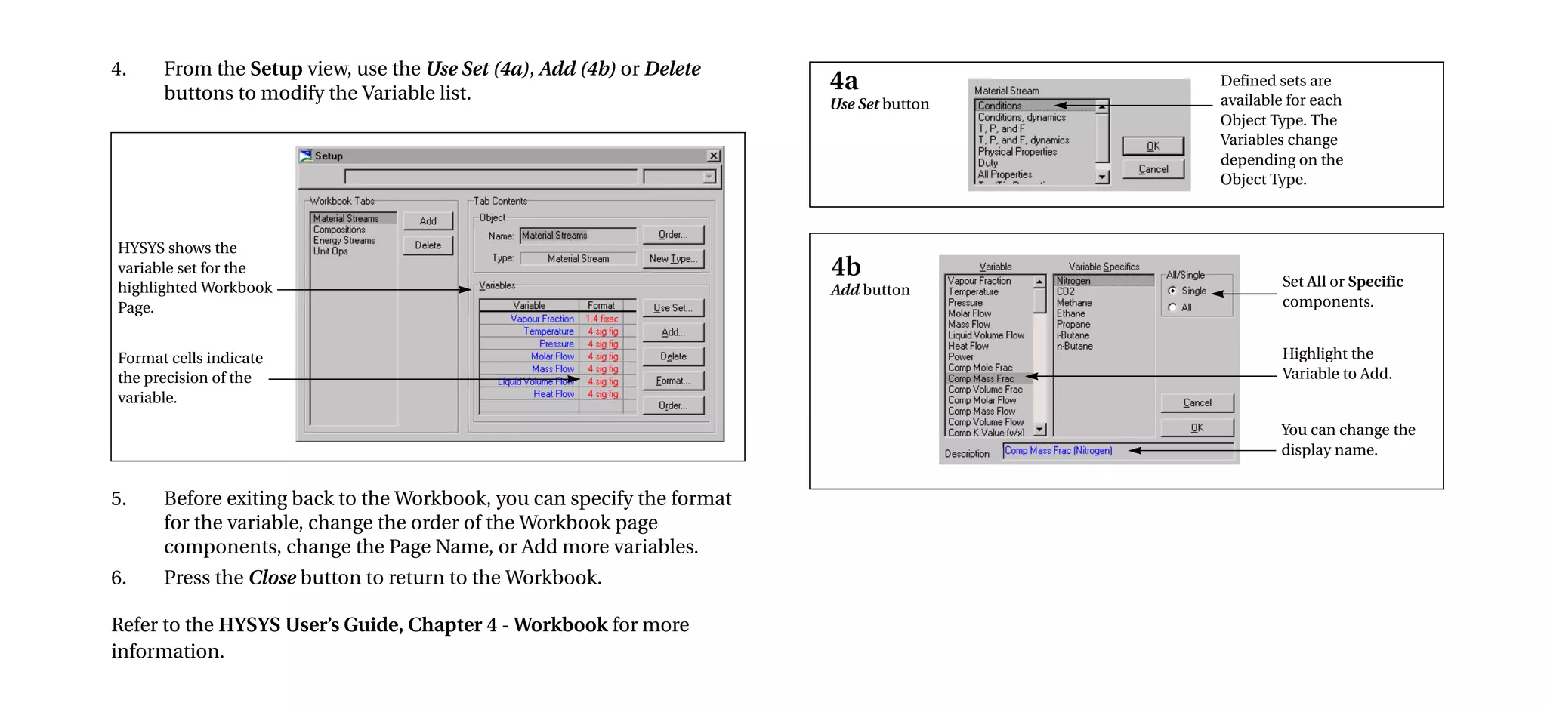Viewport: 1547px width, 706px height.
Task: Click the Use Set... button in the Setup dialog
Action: pyautogui.click(x=672, y=308)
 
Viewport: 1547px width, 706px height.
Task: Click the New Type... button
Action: pyautogui.click(x=673, y=259)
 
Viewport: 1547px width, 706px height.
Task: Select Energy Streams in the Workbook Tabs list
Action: pyautogui.click(x=344, y=241)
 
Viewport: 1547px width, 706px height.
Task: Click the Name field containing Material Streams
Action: pyautogui.click(x=578, y=236)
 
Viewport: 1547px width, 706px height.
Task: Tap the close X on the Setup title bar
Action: pyautogui.click(x=713, y=156)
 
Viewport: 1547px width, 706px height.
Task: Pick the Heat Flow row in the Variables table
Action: pyautogui.click(x=553, y=394)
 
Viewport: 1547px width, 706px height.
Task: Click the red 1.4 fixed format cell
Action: pyautogui.click(x=601, y=319)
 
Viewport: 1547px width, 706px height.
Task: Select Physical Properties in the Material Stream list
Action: pyautogui.click(x=1017, y=152)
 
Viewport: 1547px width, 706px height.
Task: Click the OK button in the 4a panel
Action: pyautogui.click(x=1153, y=146)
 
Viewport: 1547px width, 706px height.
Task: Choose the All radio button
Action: pyautogui.click(x=1172, y=307)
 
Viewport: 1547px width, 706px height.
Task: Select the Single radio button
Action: pyautogui.click(x=1172, y=291)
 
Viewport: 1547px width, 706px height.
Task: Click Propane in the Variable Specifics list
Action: pyautogui.click(x=1073, y=325)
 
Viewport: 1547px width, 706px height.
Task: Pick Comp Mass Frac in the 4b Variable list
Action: pyautogui.click(x=981, y=379)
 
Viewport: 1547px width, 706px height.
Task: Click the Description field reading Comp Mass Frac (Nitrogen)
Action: pyautogui.click(x=1118, y=451)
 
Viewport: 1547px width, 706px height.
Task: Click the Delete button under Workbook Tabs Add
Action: pyautogui.click(x=428, y=245)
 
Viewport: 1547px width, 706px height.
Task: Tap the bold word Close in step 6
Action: pyautogui.click(x=272, y=578)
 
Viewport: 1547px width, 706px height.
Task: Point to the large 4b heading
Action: pyautogui.click(x=845, y=267)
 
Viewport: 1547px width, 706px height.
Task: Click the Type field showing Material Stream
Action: pyautogui.click(x=578, y=259)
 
